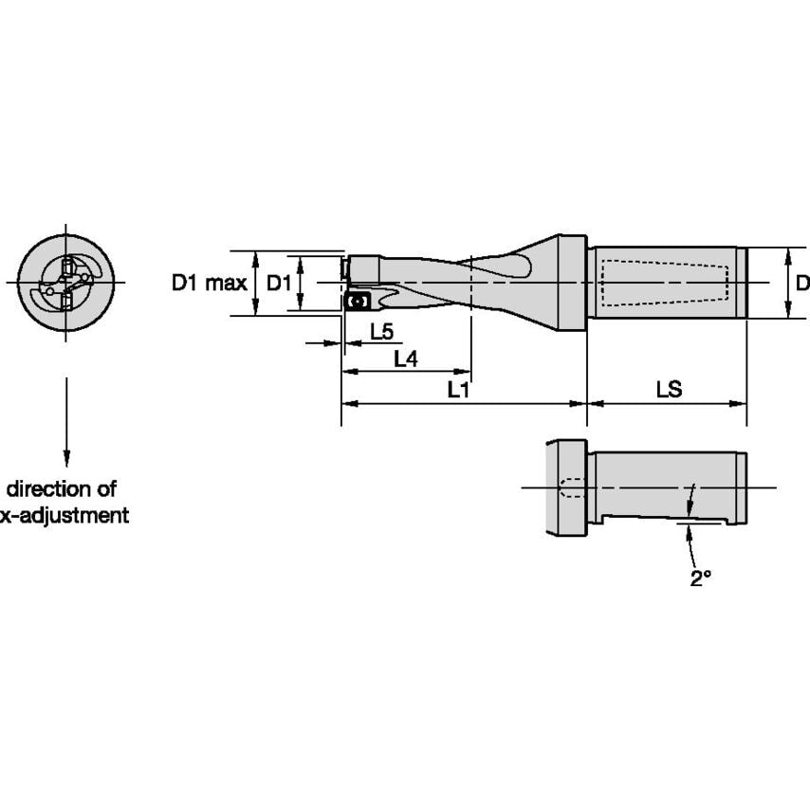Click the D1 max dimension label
(x=209, y=283)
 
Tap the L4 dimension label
(x=405, y=359)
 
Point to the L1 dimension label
(x=459, y=390)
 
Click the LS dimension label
(x=669, y=390)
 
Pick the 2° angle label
(x=700, y=579)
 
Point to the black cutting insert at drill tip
(x=357, y=302)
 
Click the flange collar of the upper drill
(x=573, y=282)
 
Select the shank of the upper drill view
(x=669, y=282)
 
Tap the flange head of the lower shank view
(x=566, y=488)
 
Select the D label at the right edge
(x=801, y=283)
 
